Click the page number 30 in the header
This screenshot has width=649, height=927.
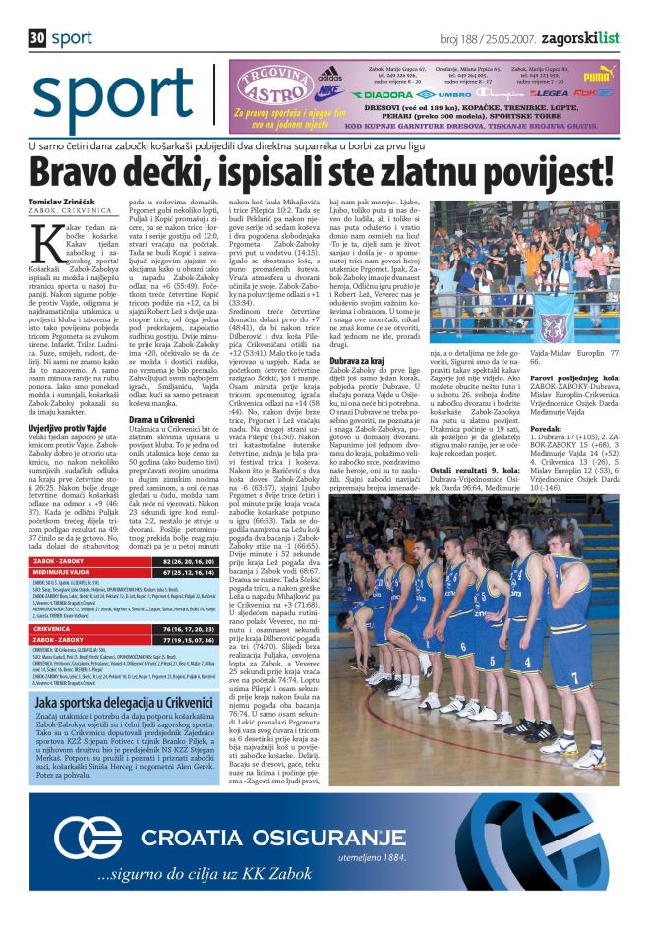coord(37,38)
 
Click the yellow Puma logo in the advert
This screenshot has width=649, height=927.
coord(598,74)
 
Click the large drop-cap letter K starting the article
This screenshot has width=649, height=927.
coord(41,234)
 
